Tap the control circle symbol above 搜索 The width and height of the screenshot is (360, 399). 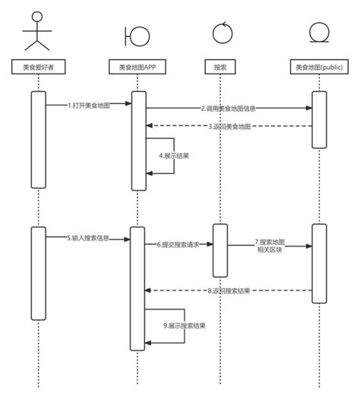point(220,33)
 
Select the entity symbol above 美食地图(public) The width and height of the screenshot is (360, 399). point(319,34)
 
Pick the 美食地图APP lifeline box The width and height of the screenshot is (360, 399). point(137,68)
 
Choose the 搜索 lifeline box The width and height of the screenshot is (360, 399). point(220,68)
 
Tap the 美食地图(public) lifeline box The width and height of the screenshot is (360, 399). point(319,68)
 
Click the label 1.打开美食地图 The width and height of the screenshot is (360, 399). point(88,105)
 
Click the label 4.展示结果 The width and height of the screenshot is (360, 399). point(174,156)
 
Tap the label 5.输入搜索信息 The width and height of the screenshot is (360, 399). point(87,238)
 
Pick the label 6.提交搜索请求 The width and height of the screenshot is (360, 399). point(178,245)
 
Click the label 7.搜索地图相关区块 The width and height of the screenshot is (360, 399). point(270,245)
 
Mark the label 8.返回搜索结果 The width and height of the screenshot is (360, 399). point(229,290)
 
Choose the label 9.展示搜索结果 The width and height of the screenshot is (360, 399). point(185,325)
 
